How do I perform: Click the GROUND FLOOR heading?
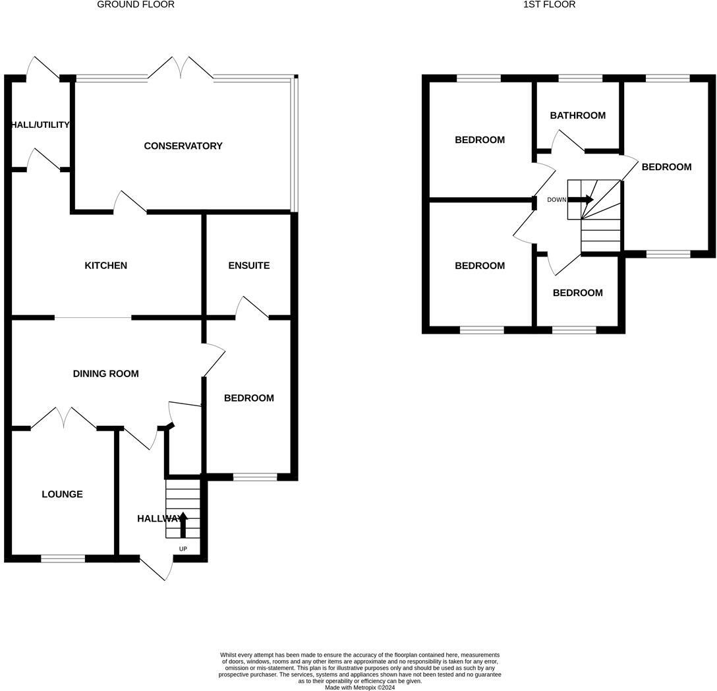(136, 5)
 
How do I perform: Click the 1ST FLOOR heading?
(549, 5)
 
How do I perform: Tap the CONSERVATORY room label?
(183, 146)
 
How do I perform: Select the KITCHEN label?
(105, 266)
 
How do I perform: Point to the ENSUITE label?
(248, 266)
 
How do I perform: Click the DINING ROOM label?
(105, 374)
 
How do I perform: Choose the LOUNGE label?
(62, 495)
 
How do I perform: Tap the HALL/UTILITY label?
(40, 125)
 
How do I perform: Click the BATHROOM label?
(577, 115)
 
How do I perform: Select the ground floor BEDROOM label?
(248, 398)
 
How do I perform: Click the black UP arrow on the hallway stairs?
(183, 524)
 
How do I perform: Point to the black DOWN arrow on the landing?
(581, 199)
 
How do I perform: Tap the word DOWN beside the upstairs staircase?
(556, 200)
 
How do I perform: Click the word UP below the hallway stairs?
(183, 549)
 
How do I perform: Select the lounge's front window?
(63, 558)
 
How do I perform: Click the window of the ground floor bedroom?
(255, 477)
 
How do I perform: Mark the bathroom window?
(580, 78)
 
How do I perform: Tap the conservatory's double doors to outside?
(180, 68)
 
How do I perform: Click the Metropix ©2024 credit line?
(360, 687)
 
